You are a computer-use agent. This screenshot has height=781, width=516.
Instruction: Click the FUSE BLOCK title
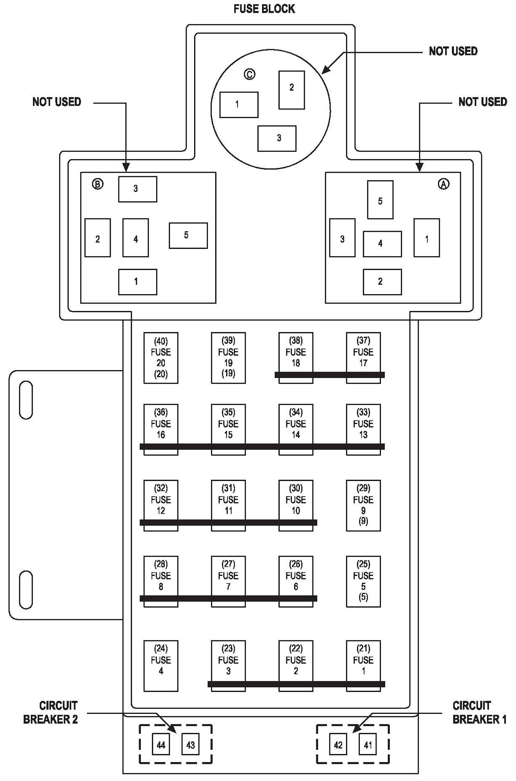click(264, 9)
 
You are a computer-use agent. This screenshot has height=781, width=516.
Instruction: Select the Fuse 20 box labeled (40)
click(161, 358)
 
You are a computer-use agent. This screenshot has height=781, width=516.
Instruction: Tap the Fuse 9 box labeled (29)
click(363, 505)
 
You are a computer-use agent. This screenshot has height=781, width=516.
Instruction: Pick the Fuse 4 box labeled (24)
click(161, 666)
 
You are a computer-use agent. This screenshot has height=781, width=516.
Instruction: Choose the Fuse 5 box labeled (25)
click(363, 581)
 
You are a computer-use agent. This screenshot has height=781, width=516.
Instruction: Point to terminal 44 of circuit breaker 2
click(161, 745)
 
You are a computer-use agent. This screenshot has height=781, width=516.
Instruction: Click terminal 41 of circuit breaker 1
click(368, 745)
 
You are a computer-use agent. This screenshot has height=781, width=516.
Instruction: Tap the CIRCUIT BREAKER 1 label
click(479, 712)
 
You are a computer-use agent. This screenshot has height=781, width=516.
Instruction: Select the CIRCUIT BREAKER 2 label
click(51, 712)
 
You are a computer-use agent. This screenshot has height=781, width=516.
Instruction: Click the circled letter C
click(250, 74)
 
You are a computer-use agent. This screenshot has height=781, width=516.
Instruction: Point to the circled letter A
click(444, 184)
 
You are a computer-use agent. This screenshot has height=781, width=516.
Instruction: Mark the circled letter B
click(98, 184)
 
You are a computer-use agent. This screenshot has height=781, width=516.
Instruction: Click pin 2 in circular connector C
click(291, 90)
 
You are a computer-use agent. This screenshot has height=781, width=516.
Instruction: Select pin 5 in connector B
click(188, 236)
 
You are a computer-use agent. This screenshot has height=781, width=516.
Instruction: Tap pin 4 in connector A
click(382, 244)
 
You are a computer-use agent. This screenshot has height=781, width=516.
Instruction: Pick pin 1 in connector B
click(137, 282)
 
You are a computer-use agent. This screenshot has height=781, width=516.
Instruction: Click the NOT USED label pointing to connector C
click(453, 51)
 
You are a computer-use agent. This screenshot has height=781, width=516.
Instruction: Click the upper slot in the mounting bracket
click(26, 400)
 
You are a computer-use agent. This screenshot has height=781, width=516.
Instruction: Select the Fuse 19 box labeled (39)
click(228, 357)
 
